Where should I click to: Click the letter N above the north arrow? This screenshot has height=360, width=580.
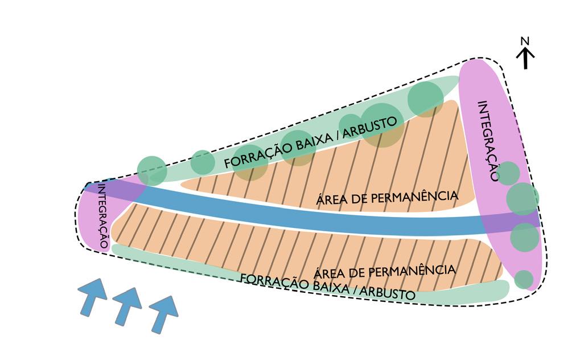coord(525,40)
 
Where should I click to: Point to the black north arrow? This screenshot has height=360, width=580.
coord(525,58)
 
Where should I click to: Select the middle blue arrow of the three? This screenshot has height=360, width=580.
coord(127,306)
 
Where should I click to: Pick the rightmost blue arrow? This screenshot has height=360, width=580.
coord(163,313)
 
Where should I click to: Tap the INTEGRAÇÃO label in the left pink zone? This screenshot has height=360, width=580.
coord(102,216)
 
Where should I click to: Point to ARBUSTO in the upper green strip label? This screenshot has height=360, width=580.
coord(371,126)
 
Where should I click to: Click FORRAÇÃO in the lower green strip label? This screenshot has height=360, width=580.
coord(266,282)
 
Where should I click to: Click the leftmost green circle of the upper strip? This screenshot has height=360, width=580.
coord(152,170)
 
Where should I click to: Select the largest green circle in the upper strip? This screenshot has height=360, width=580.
coord(382,125)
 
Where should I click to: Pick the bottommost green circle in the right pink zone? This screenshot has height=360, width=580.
coord(524,279)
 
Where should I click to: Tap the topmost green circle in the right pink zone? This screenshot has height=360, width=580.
coord(508,173)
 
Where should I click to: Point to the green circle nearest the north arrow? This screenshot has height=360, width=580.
coord(425,99)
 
